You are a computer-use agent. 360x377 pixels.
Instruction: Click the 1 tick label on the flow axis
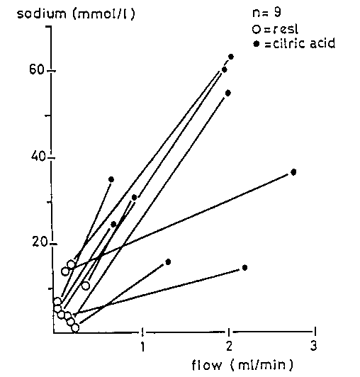pos(143,347)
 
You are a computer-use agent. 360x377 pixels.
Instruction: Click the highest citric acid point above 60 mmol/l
pos(231,56)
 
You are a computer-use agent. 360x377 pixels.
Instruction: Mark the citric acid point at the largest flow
pos(293,171)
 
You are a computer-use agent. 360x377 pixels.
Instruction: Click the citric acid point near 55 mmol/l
pos(228,93)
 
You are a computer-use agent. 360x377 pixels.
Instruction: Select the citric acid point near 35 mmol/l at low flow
pos(111,179)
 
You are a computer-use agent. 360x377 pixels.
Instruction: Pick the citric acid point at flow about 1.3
pos(168,261)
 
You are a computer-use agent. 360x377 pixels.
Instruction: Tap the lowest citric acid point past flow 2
pos(244,267)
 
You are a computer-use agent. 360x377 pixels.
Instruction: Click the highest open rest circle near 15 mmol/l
pos(72,264)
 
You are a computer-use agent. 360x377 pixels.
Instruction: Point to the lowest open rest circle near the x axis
pos(75,327)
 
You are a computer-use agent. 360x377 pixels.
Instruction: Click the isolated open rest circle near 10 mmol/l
pos(86,286)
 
